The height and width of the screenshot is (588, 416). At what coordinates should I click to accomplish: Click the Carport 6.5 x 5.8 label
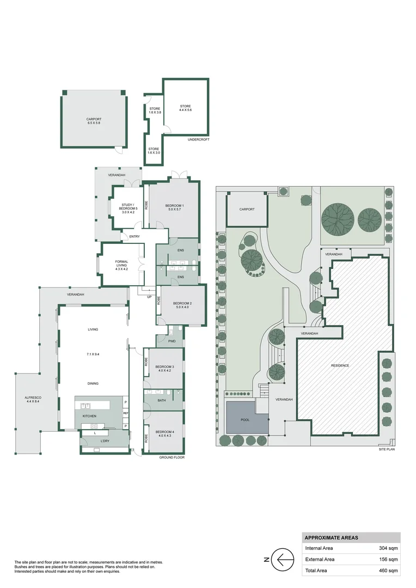click(94, 121)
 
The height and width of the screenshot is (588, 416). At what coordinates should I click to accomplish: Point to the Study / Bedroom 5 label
click(130, 207)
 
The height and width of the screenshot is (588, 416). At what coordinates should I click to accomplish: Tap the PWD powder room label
click(172, 341)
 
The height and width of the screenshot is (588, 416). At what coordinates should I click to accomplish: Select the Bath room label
click(162, 401)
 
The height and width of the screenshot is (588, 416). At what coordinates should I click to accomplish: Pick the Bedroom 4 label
click(164, 433)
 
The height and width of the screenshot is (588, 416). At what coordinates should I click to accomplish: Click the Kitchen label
click(89, 416)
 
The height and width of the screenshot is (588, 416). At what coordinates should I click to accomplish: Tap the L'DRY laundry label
click(105, 441)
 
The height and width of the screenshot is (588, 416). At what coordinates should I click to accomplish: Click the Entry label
click(133, 236)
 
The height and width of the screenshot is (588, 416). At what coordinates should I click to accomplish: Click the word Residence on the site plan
click(340, 365)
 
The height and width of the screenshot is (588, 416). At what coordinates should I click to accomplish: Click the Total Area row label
click(316, 571)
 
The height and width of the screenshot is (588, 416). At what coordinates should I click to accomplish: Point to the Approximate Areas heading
click(331, 537)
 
